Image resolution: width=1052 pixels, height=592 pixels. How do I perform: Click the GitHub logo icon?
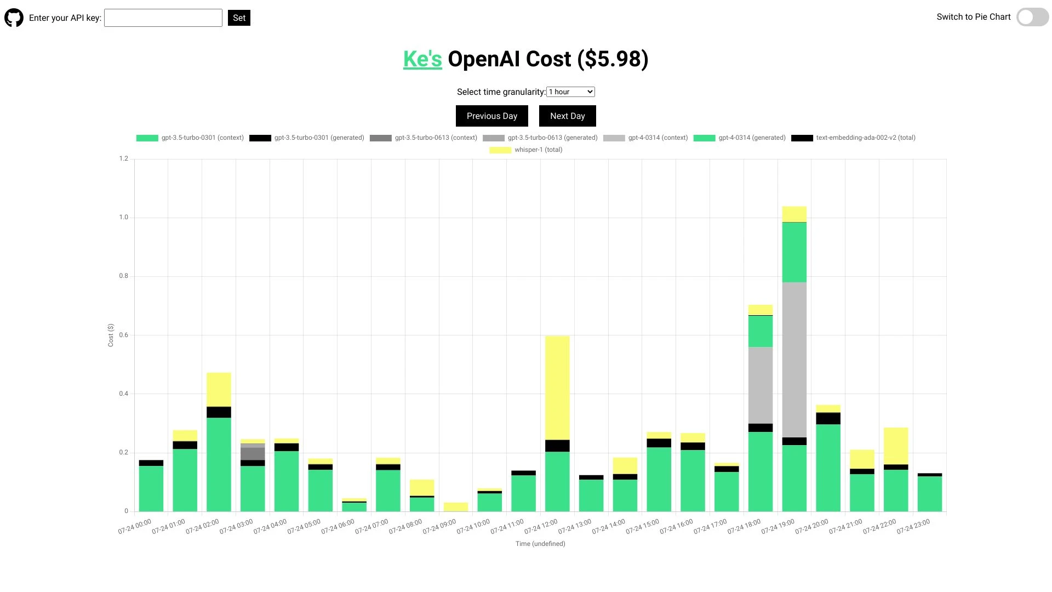point(14,18)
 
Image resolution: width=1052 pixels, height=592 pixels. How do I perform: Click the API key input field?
point(163,18)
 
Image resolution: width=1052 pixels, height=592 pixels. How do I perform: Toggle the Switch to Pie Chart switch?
point(1032,17)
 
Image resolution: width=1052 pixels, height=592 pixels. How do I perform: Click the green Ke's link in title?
point(422,59)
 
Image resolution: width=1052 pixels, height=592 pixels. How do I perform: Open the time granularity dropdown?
point(570,92)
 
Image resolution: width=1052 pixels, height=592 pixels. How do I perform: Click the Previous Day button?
point(491,116)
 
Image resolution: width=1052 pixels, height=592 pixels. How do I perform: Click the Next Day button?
point(567,116)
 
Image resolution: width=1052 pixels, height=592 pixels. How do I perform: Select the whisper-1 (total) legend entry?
point(526,150)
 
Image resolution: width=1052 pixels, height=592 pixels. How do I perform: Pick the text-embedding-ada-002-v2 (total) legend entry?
point(853,138)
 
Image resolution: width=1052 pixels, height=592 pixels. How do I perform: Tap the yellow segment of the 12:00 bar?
point(557,388)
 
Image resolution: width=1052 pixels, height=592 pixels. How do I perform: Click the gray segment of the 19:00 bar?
point(794,360)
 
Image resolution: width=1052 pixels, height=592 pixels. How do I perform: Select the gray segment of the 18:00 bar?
point(761,385)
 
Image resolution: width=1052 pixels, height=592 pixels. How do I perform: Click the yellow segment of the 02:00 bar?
point(219,389)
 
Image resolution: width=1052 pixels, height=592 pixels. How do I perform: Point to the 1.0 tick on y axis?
point(124,218)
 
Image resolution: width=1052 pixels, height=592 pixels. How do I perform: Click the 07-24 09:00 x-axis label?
point(439,526)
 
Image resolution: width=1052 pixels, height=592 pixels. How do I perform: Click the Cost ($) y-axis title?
point(111,335)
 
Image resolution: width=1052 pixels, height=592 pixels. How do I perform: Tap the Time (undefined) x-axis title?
point(540,544)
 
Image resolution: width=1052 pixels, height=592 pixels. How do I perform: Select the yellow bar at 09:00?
point(456,507)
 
